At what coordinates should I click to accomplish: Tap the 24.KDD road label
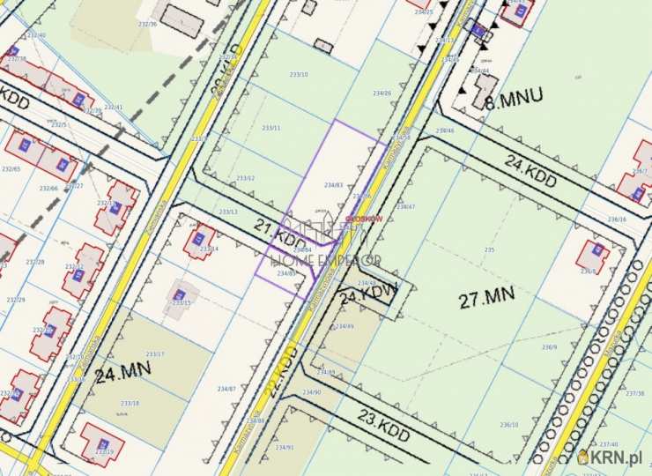click(x=532, y=170)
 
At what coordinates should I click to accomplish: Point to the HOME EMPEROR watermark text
click(x=327, y=260)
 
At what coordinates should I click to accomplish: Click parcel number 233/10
click(x=299, y=75)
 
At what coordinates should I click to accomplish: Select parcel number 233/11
click(x=271, y=128)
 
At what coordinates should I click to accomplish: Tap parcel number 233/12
click(x=245, y=178)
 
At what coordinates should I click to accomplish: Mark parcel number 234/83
click(x=333, y=185)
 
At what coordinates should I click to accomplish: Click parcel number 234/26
click(x=382, y=93)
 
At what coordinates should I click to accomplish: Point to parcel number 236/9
click(x=549, y=347)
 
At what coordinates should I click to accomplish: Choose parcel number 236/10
click(x=509, y=425)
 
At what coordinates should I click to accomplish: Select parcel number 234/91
click(x=285, y=448)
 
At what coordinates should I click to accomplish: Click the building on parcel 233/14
click(x=198, y=239)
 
